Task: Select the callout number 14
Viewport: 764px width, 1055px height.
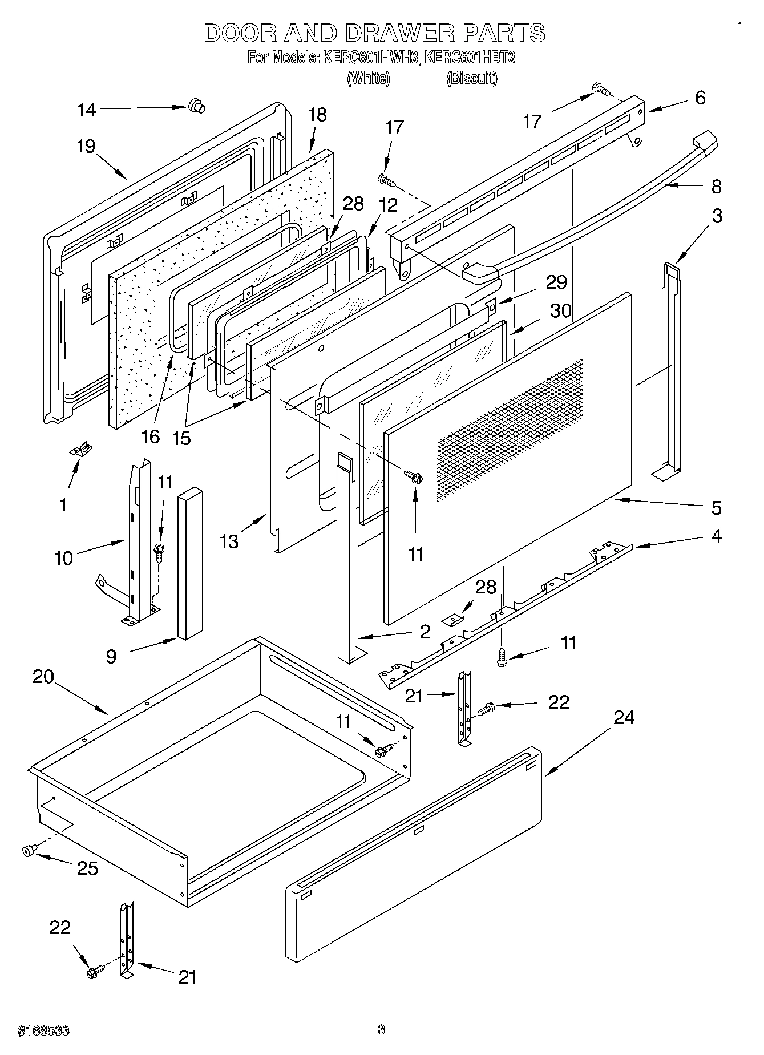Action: point(87,110)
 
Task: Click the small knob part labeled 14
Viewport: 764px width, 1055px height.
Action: point(196,106)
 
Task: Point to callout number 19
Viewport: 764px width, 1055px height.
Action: point(86,147)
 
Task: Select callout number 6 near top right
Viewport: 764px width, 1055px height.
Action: point(700,98)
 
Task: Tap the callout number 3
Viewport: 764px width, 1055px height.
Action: point(717,216)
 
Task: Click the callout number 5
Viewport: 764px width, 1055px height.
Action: point(716,507)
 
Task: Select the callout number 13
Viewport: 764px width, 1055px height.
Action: point(229,541)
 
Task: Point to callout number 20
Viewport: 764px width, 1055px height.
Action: point(43,677)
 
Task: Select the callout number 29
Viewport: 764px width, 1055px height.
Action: point(556,283)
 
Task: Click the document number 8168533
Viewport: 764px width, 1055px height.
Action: point(44,1030)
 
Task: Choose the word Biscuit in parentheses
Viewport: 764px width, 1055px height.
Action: point(471,78)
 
